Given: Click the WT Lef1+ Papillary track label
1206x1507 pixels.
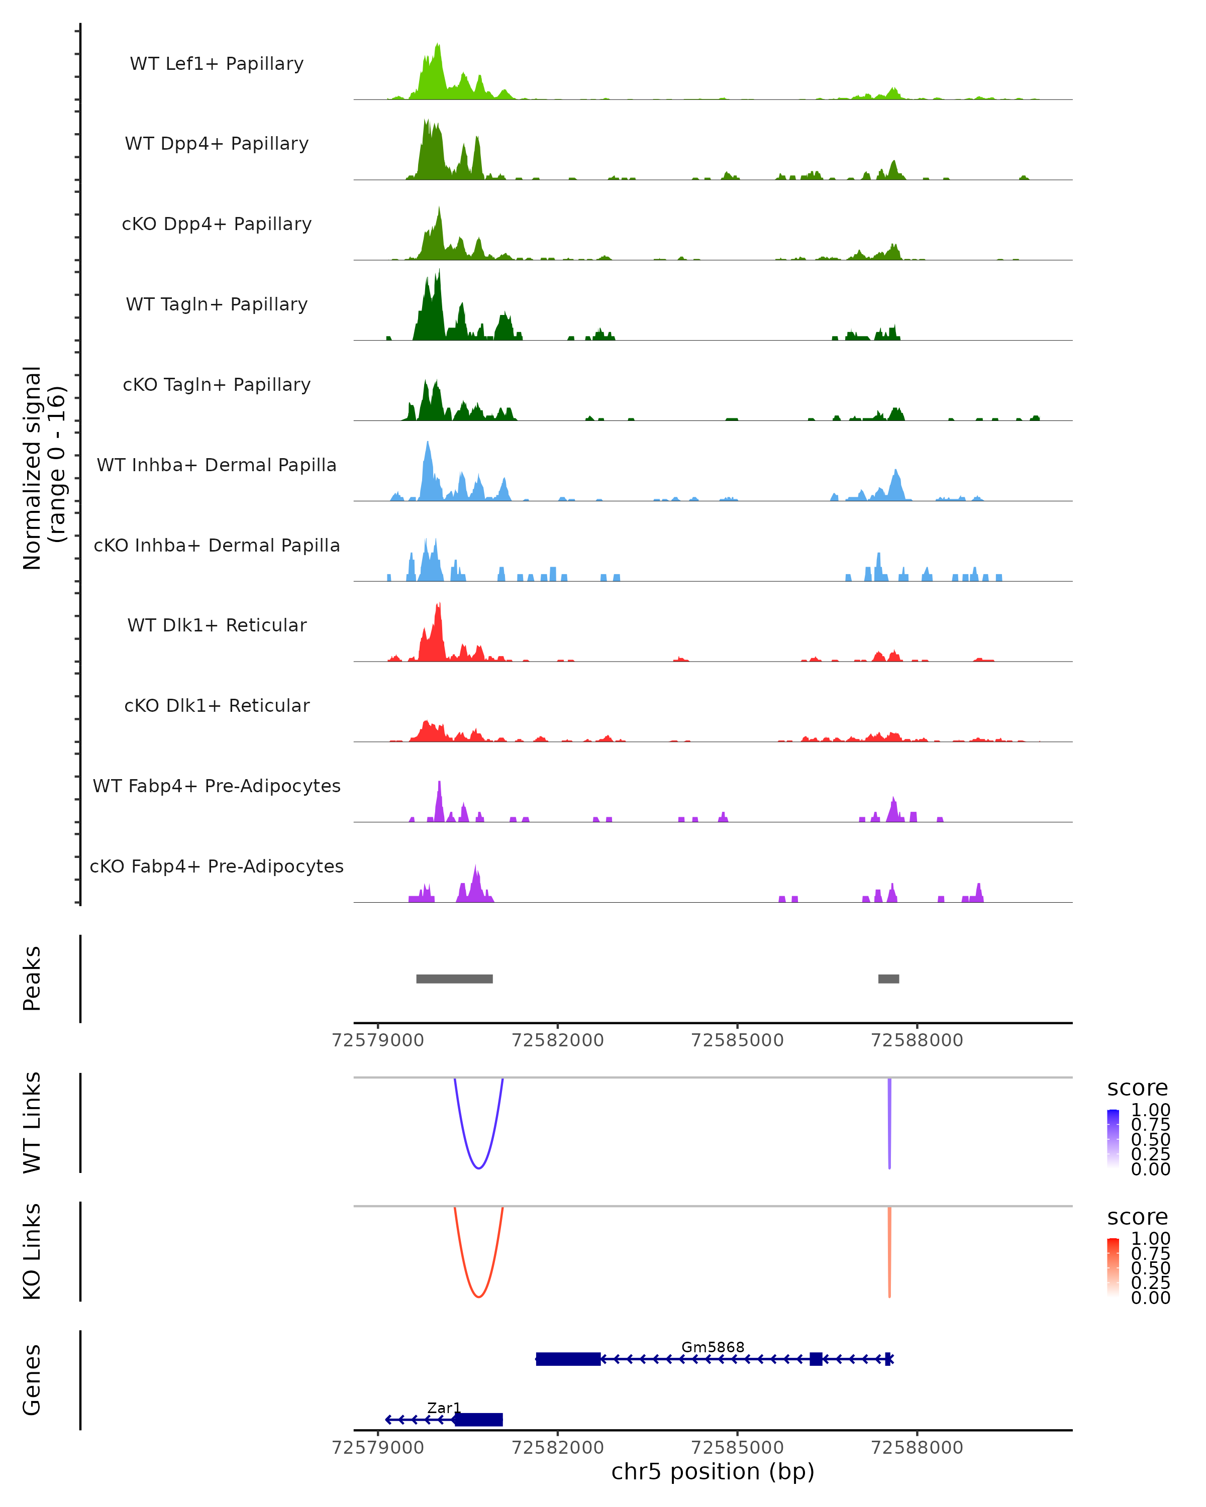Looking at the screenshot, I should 217,64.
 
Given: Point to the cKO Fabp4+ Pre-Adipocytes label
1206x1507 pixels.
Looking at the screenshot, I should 217,866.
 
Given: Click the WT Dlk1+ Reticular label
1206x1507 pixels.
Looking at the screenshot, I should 217,625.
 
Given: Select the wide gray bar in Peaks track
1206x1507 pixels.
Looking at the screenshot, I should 454,979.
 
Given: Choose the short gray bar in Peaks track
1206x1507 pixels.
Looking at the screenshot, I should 888,979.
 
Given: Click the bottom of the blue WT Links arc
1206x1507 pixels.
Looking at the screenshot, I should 478,1167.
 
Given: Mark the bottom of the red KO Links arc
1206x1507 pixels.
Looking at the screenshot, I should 478,1297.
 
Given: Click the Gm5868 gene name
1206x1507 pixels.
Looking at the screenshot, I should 713,1347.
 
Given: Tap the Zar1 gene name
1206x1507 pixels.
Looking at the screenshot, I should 444,1408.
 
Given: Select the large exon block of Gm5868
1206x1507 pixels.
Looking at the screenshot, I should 568,1359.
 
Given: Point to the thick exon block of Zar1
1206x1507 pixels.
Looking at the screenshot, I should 479,1420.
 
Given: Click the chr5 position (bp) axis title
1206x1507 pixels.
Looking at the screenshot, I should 713,1471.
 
